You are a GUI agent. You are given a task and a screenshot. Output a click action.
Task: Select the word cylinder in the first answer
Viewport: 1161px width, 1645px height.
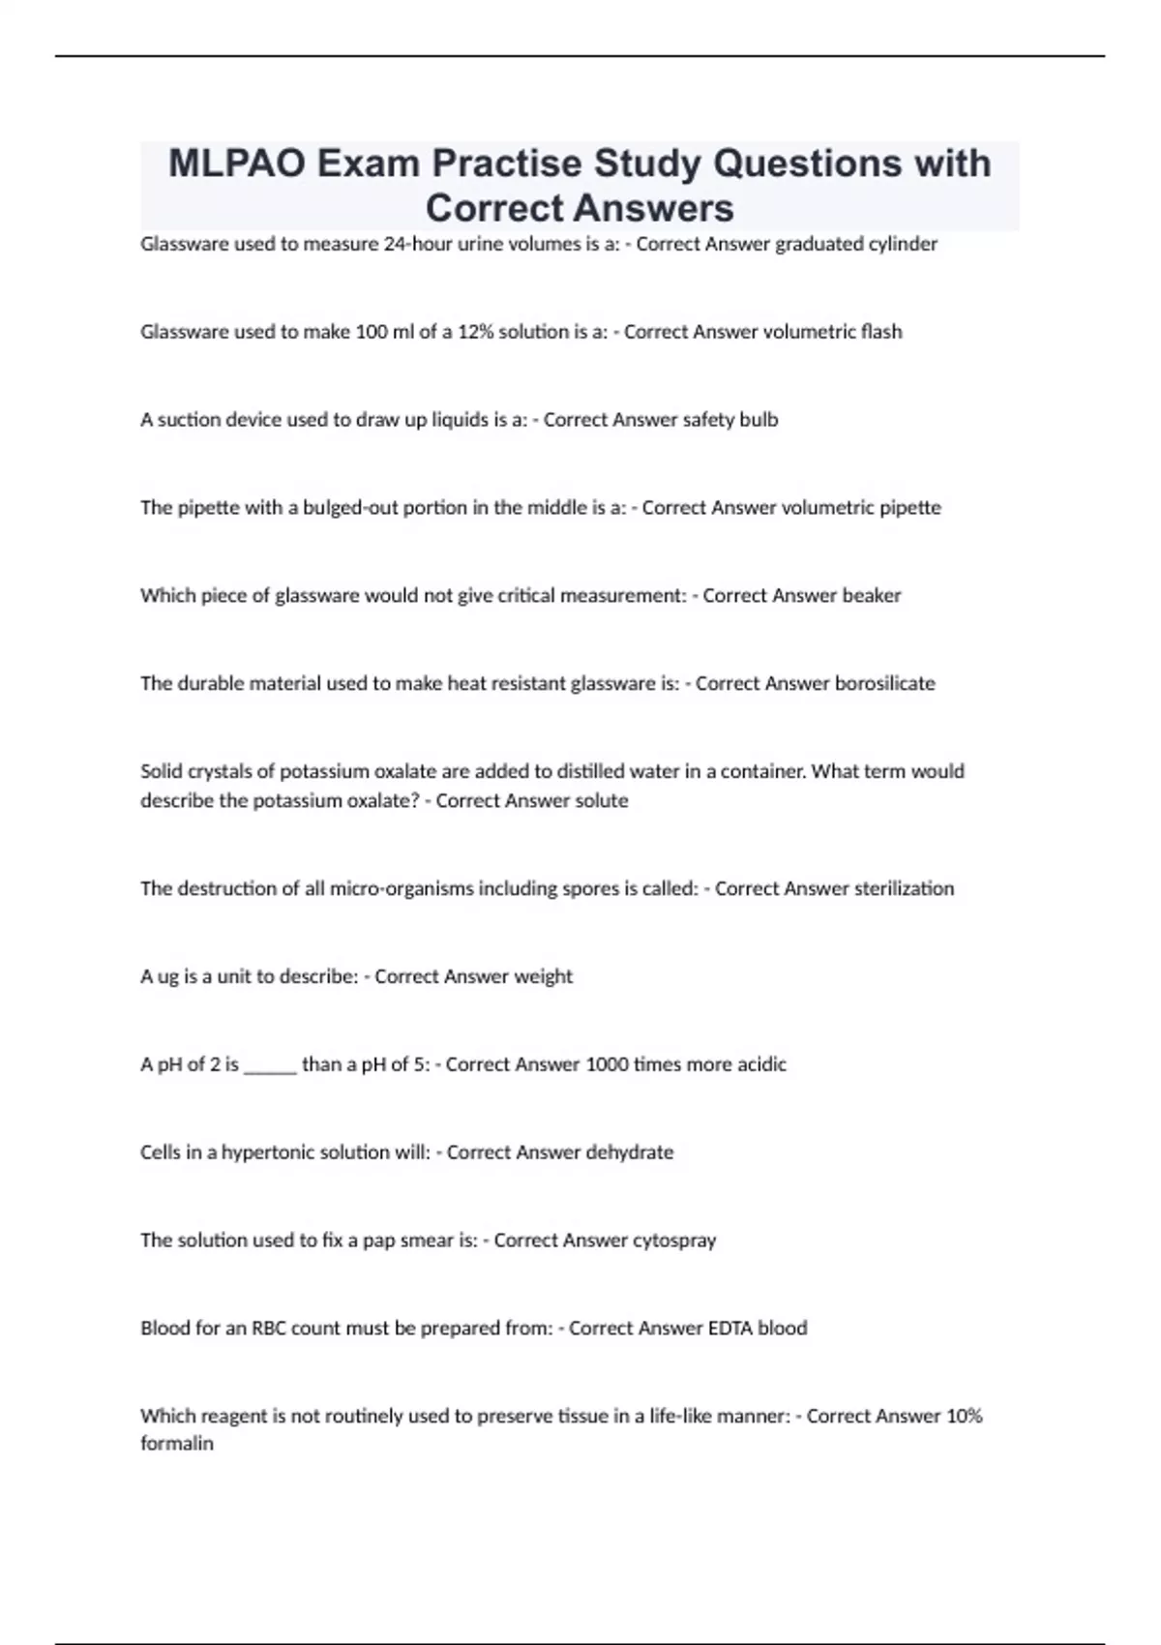tap(903, 244)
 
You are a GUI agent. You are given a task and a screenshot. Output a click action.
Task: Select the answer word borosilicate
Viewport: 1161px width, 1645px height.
tap(884, 684)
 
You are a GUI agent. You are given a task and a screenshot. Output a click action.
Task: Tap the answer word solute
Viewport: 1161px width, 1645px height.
tap(602, 801)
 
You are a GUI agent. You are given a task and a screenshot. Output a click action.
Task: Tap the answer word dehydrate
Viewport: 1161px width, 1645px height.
tap(629, 1153)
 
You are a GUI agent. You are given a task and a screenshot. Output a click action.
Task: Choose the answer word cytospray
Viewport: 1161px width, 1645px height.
tap(673, 1241)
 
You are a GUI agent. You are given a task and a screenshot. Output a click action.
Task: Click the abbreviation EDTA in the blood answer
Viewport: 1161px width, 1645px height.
tap(729, 1329)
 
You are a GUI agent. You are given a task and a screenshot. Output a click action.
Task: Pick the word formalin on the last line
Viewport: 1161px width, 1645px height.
tap(177, 1444)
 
